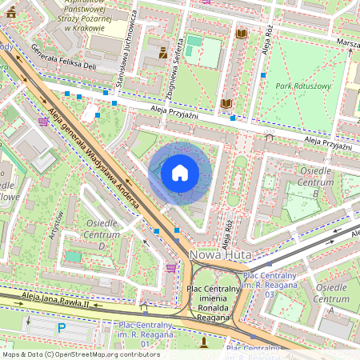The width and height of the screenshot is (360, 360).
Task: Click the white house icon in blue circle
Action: coord(180,173)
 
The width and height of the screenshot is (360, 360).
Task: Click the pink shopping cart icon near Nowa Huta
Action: coord(170,268)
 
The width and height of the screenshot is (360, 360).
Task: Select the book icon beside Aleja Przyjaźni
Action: coord(226,104)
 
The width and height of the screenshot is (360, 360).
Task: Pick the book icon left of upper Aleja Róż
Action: coord(242,34)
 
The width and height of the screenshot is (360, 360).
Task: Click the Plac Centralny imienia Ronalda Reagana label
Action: coord(212,302)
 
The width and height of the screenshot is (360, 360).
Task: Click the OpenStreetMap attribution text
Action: coord(81,354)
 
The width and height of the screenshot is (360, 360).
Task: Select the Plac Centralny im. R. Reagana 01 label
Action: coord(144,334)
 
